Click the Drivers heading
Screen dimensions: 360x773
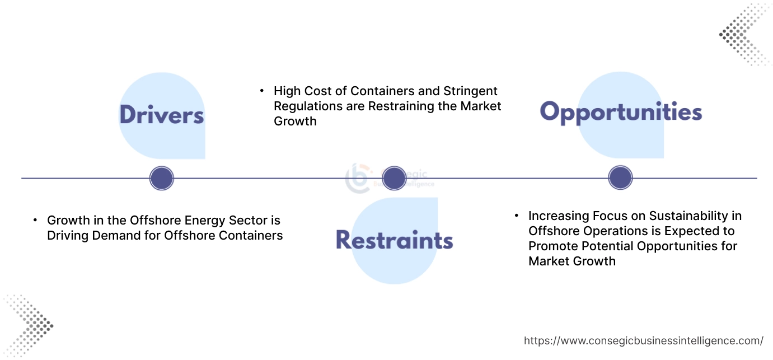[162, 115]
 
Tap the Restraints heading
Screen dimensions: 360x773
[394, 240]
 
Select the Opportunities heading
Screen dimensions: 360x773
[621, 112]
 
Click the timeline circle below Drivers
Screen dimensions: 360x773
[162, 179]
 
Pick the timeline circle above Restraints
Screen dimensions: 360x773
[393, 179]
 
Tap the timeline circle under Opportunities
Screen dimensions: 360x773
[620, 179]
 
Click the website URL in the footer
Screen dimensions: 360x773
[643, 340]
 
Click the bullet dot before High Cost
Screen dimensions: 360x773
[261, 90]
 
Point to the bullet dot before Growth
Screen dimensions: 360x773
[35, 220]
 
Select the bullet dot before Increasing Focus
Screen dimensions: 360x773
[516, 216]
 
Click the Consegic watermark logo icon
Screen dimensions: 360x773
[357, 178]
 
